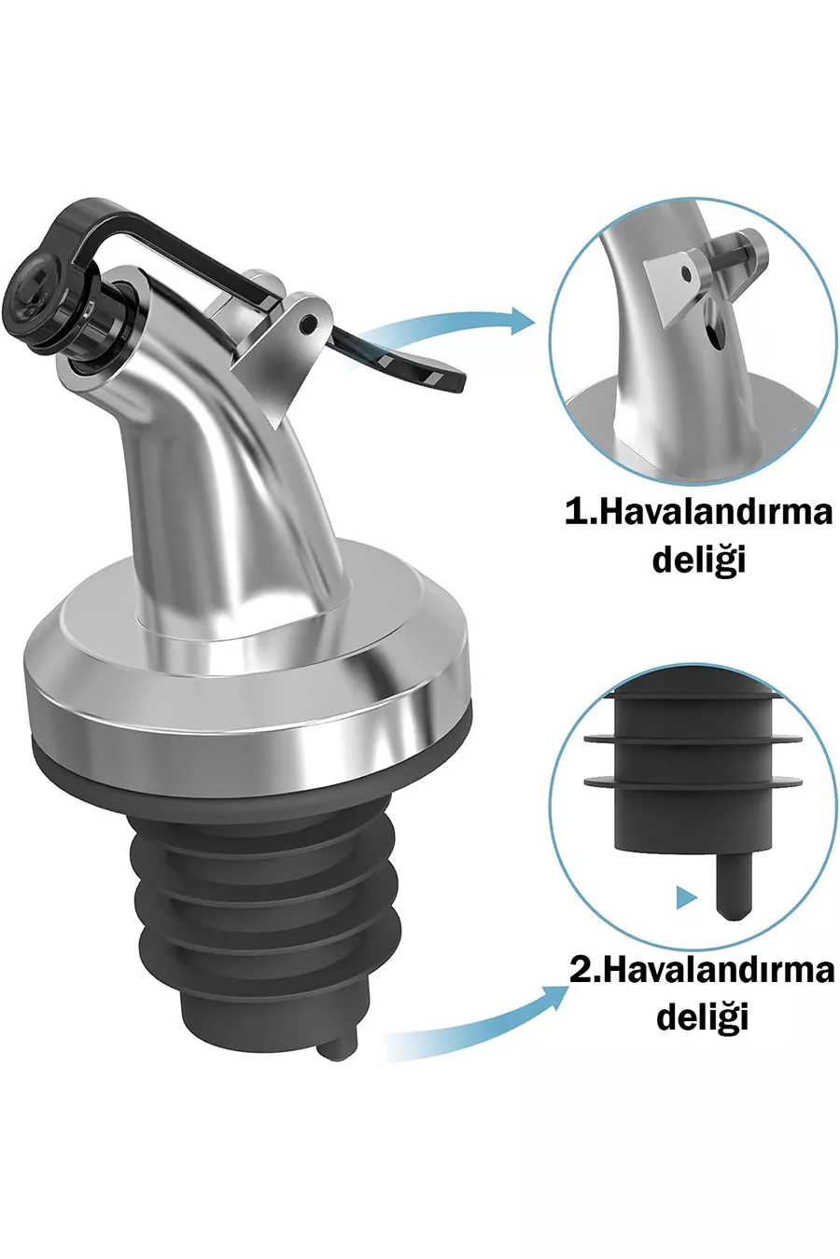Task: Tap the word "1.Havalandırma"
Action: pyautogui.click(x=698, y=513)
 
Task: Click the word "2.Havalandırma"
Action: pyautogui.click(x=702, y=972)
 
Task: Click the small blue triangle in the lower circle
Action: pyautogui.click(x=686, y=898)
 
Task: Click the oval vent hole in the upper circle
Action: pyautogui.click(x=712, y=325)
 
